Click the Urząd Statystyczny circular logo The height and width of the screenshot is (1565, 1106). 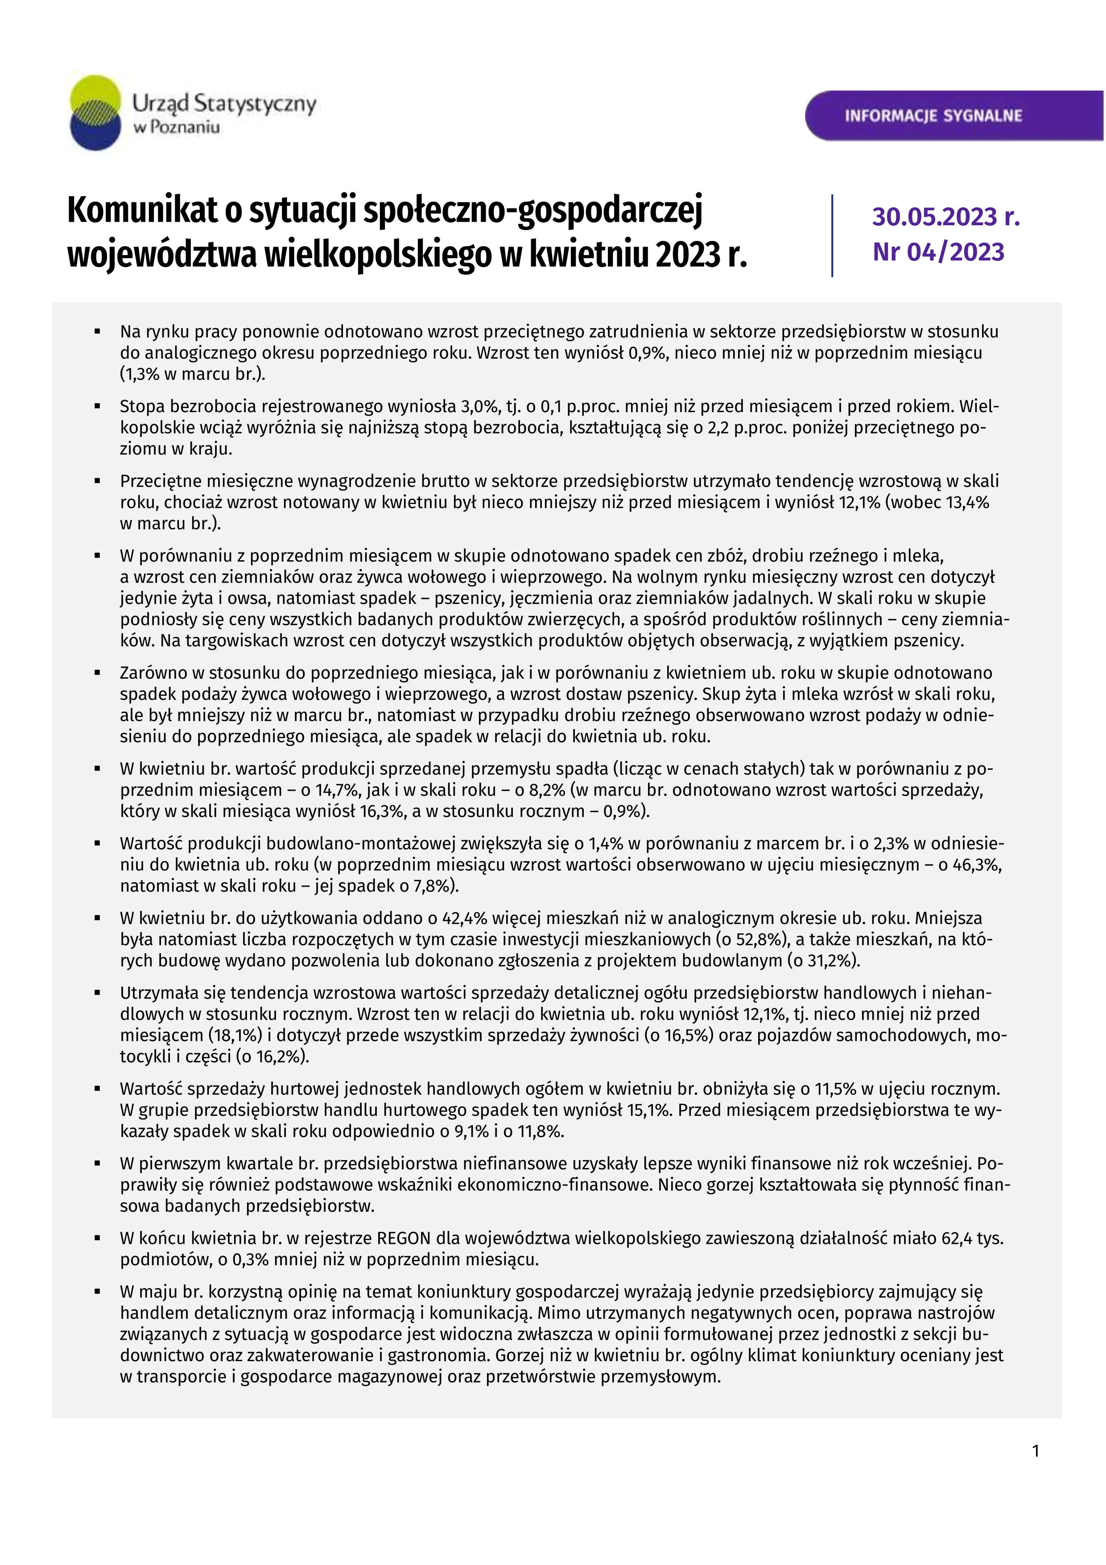click(x=95, y=112)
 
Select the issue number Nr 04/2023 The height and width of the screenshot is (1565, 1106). click(x=938, y=252)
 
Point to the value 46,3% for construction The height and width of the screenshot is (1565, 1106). click(x=978, y=865)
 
